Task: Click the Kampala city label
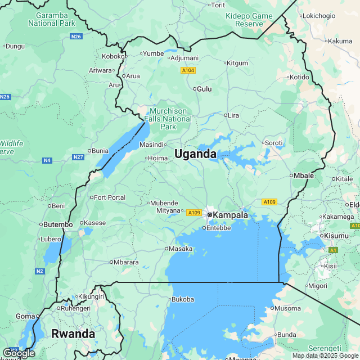231,215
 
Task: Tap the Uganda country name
195,154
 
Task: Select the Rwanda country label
73,334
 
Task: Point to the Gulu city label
204,89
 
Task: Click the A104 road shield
188,70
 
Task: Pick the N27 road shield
78,157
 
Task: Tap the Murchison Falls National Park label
168,119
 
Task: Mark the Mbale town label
304,175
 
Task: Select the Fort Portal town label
110,197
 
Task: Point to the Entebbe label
219,228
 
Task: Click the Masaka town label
181,248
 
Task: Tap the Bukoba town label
182,299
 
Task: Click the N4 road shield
47,161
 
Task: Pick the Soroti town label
273,143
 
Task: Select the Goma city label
26,316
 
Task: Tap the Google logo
18,353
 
